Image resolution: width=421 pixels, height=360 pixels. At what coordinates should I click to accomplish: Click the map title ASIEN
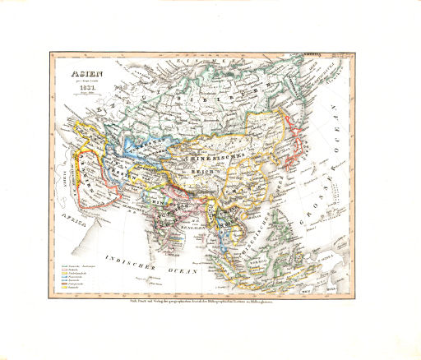point(83,74)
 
